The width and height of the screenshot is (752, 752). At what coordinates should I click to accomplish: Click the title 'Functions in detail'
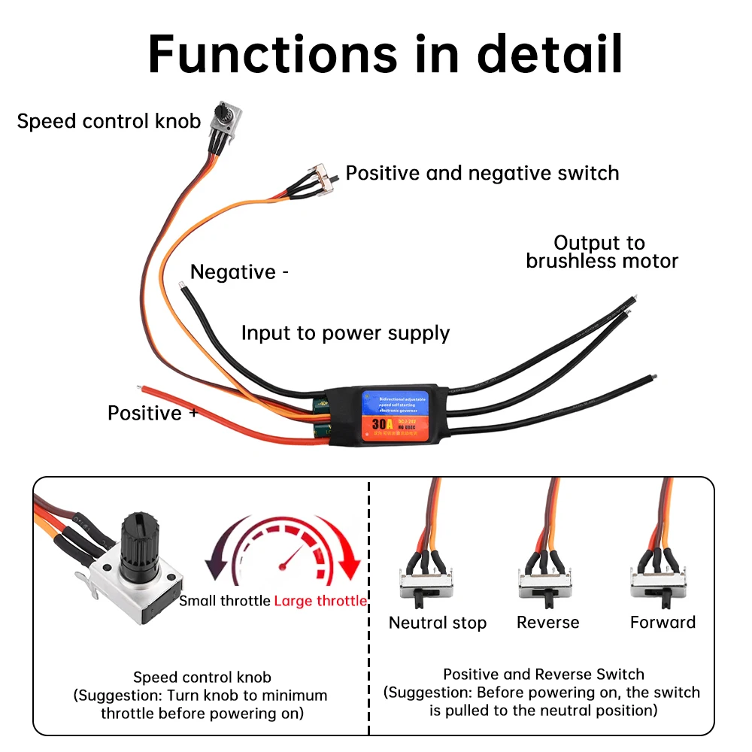click(385, 53)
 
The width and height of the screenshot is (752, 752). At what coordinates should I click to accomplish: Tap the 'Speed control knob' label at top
click(109, 121)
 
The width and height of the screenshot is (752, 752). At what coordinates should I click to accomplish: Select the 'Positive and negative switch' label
click(482, 173)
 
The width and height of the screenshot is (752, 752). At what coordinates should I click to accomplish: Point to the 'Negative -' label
click(239, 271)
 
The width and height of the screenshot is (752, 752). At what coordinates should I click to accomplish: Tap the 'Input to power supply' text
click(345, 333)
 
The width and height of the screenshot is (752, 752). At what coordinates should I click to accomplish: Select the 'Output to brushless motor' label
click(602, 252)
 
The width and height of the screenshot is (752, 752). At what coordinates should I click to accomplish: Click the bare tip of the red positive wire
click(141, 388)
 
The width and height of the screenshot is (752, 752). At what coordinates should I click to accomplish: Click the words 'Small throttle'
click(225, 601)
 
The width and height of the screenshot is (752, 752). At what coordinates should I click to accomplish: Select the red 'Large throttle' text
click(320, 601)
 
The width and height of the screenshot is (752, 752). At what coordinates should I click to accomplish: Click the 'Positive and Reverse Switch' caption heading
click(543, 674)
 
